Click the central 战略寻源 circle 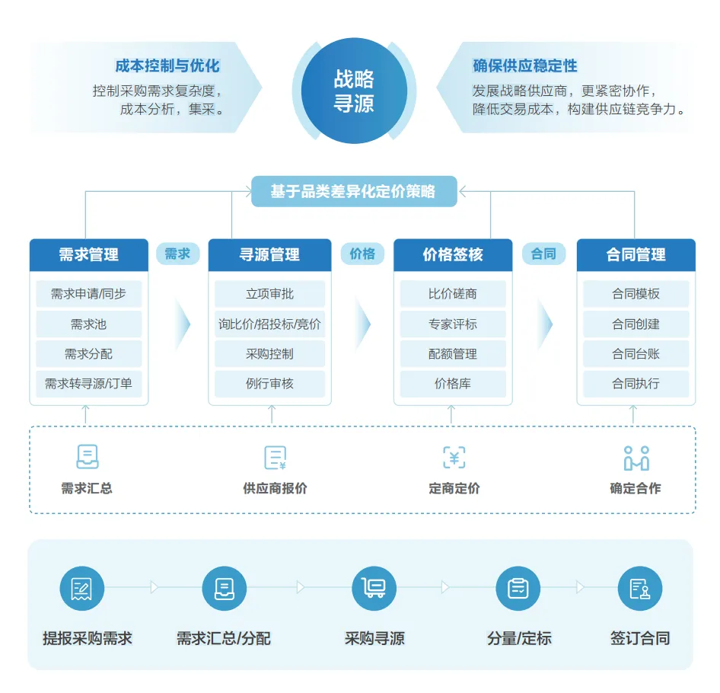pyautogui.click(x=354, y=91)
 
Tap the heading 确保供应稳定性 pyautogui.click(x=524, y=66)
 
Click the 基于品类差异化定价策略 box pyautogui.click(x=353, y=191)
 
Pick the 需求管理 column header pyautogui.click(x=89, y=255)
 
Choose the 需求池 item pyautogui.click(x=89, y=324)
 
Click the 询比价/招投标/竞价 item pyautogui.click(x=269, y=324)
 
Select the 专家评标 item pyautogui.click(x=453, y=324)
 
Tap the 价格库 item pyautogui.click(x=453, y=384)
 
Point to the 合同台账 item pyautogui.click(x=636, y=354)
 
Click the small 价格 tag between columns pyautogui.click(x=362, y=254)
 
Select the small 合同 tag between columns pyautogui.click(x=543, y=254)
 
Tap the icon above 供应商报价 pyautogui.click(x=275, y=458)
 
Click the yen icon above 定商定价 pyautogui.click(x=454, y=458)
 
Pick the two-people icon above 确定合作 pyautogui.click(x=636, y=458)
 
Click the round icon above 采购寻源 pyautogui.click(x=374, y=588)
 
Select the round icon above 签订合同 pyautogui.click(x=639, y=588)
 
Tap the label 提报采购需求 pyautogui.click(x=88, y=638)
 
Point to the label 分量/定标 pyautogui.click(x=519, y=638)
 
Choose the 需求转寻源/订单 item pyautogui.click(x=89, y=384)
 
